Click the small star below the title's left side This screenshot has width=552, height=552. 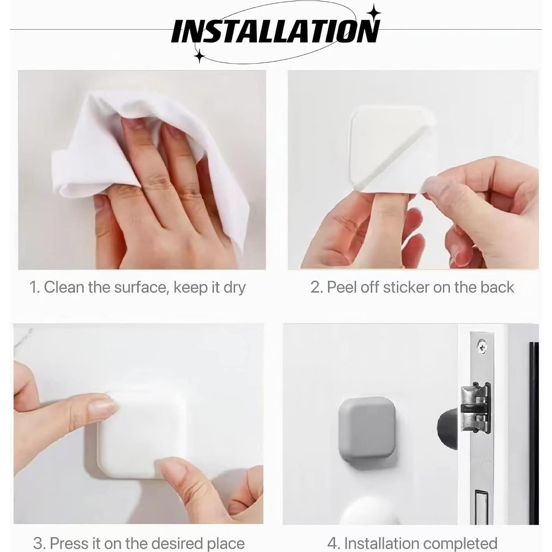200,56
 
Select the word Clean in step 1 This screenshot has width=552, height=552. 64,287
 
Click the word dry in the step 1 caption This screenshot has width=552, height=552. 234,288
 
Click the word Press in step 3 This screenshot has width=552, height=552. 70,543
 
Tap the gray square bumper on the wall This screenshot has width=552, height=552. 366,429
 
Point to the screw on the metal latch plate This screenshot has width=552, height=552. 482,346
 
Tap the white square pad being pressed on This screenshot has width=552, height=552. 138,432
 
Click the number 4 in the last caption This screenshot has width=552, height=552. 332,544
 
